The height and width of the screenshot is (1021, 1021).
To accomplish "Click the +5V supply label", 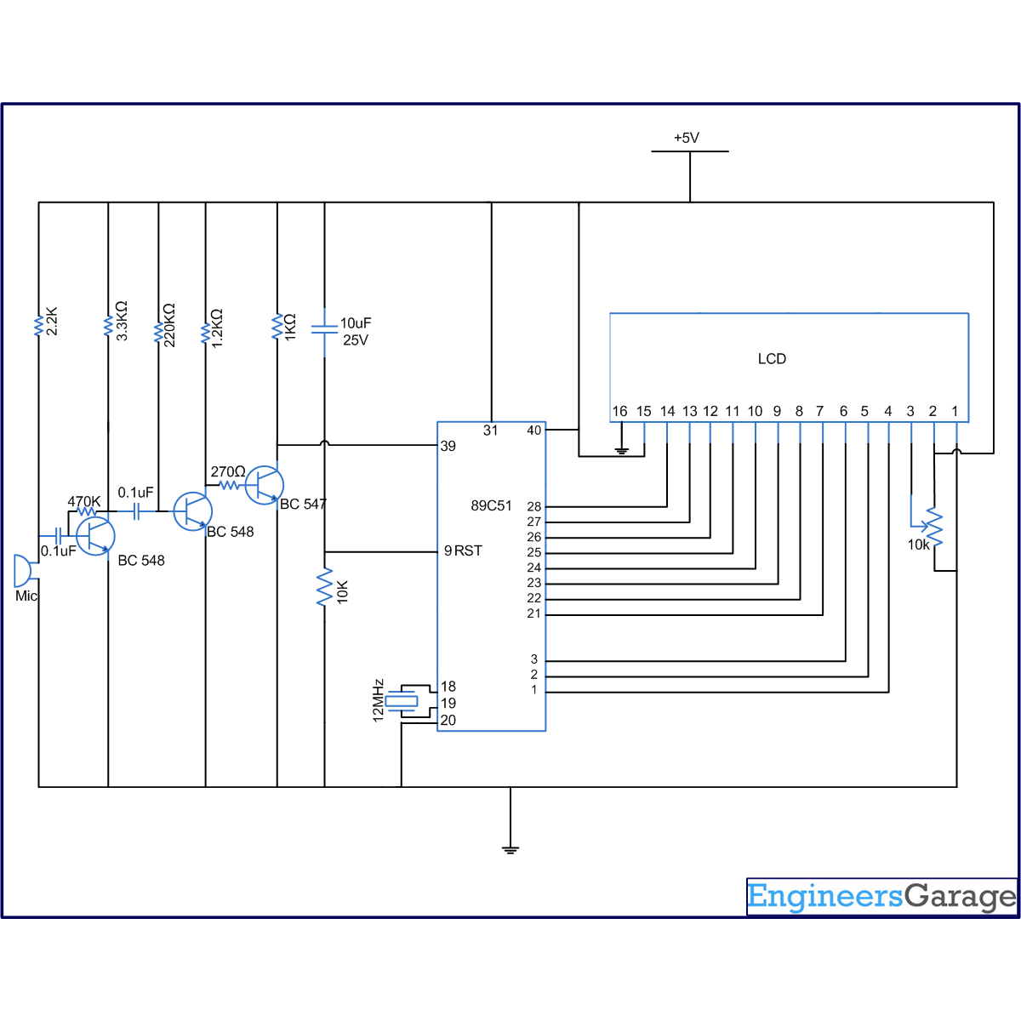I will (x=686, y=138).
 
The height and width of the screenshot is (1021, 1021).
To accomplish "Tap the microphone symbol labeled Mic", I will (x=22, y=571).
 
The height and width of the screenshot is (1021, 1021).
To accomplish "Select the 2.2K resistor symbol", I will (x=38, y=325).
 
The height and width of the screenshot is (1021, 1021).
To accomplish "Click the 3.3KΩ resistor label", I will (x=122, y=321).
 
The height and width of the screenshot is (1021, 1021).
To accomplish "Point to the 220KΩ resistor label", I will (x=169, y=324).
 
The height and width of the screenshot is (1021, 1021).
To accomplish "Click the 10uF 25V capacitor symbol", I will (x=324, y=328).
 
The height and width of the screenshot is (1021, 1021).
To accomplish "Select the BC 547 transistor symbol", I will (x=264, y=485).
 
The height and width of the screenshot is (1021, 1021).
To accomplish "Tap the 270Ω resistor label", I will (x=227, y=471).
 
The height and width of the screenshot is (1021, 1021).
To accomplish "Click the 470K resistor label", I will (x=84, y=501).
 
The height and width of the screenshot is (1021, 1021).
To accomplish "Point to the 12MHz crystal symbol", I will (x=402, y=701).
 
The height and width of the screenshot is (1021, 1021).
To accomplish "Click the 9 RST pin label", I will (x=463, y=550).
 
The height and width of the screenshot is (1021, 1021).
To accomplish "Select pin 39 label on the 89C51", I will (x=448, y=446).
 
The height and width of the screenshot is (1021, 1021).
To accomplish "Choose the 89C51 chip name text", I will (x=491, y=505).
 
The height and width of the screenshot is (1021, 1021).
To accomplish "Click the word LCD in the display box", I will (x=772, y=359).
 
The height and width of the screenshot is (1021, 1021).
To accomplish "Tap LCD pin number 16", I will (x=619, y=411).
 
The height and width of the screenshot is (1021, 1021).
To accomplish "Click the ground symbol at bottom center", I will (x=510, y=848).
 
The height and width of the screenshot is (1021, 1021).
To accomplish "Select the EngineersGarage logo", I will (x=881, y=897).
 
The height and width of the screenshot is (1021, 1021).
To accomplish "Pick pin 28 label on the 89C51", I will (x=533, y=506).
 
